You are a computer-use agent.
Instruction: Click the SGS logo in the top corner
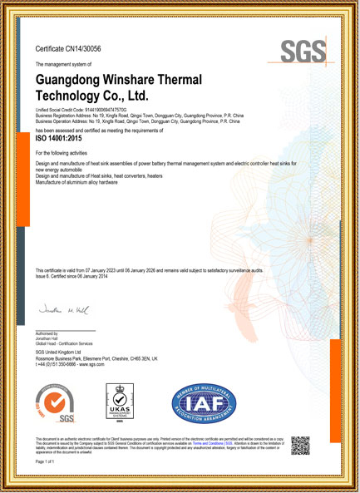pos(303,52)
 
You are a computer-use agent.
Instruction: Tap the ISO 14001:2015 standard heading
pos(62,141)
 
